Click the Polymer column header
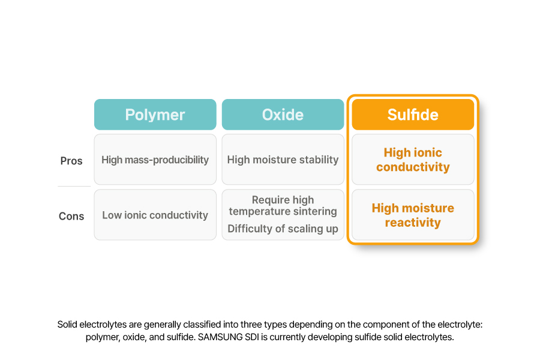[155, 115]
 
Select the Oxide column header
[283, 115]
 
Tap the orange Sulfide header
[413, 115]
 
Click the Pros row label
[71, 161]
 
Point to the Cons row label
[71, 216]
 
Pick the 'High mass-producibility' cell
[155, 160]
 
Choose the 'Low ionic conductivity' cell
[155, 215]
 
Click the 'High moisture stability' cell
[283, 160]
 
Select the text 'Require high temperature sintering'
[283, 205]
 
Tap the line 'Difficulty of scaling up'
[283, 229]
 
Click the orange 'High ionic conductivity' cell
[413, 160]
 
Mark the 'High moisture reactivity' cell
[413, 215]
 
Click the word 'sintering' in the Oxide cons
[314, 211]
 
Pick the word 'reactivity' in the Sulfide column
[413, 223]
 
